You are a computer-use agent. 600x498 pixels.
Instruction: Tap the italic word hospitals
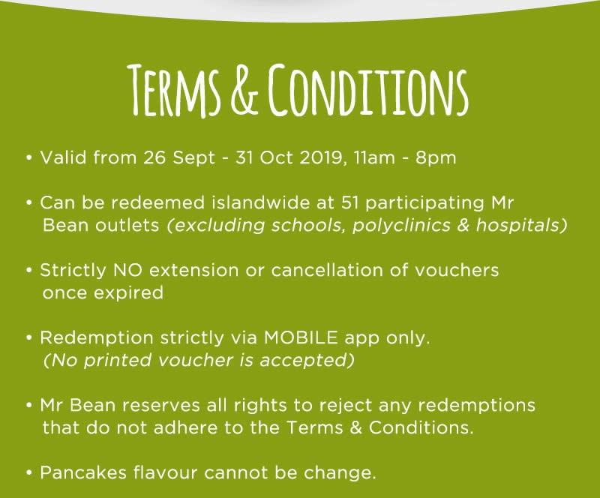[517, 226]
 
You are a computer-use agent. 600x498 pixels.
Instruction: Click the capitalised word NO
[127, 271]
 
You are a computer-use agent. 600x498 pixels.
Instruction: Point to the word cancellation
[327, 270]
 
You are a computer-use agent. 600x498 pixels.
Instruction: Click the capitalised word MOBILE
[301, 338]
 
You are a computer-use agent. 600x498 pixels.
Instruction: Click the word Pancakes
[83, 472]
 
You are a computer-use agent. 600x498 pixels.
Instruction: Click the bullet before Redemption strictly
[29, 338]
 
